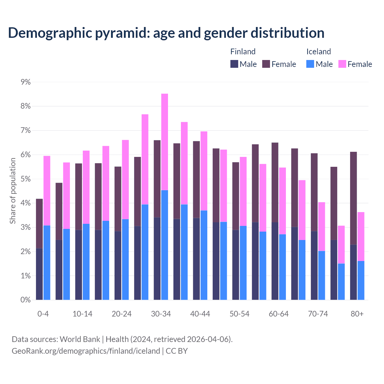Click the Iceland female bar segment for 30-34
165,142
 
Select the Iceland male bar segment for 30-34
165,245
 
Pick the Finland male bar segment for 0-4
39,274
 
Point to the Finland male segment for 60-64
275,261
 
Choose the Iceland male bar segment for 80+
361,280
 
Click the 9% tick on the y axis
26,82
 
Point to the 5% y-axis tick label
26,179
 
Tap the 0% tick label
26,300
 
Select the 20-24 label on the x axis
121,314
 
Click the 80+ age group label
357,314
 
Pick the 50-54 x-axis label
239,314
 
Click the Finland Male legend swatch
234,64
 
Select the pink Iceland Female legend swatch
342,64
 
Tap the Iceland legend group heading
319,52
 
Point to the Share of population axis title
13,191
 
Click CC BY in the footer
177,351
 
